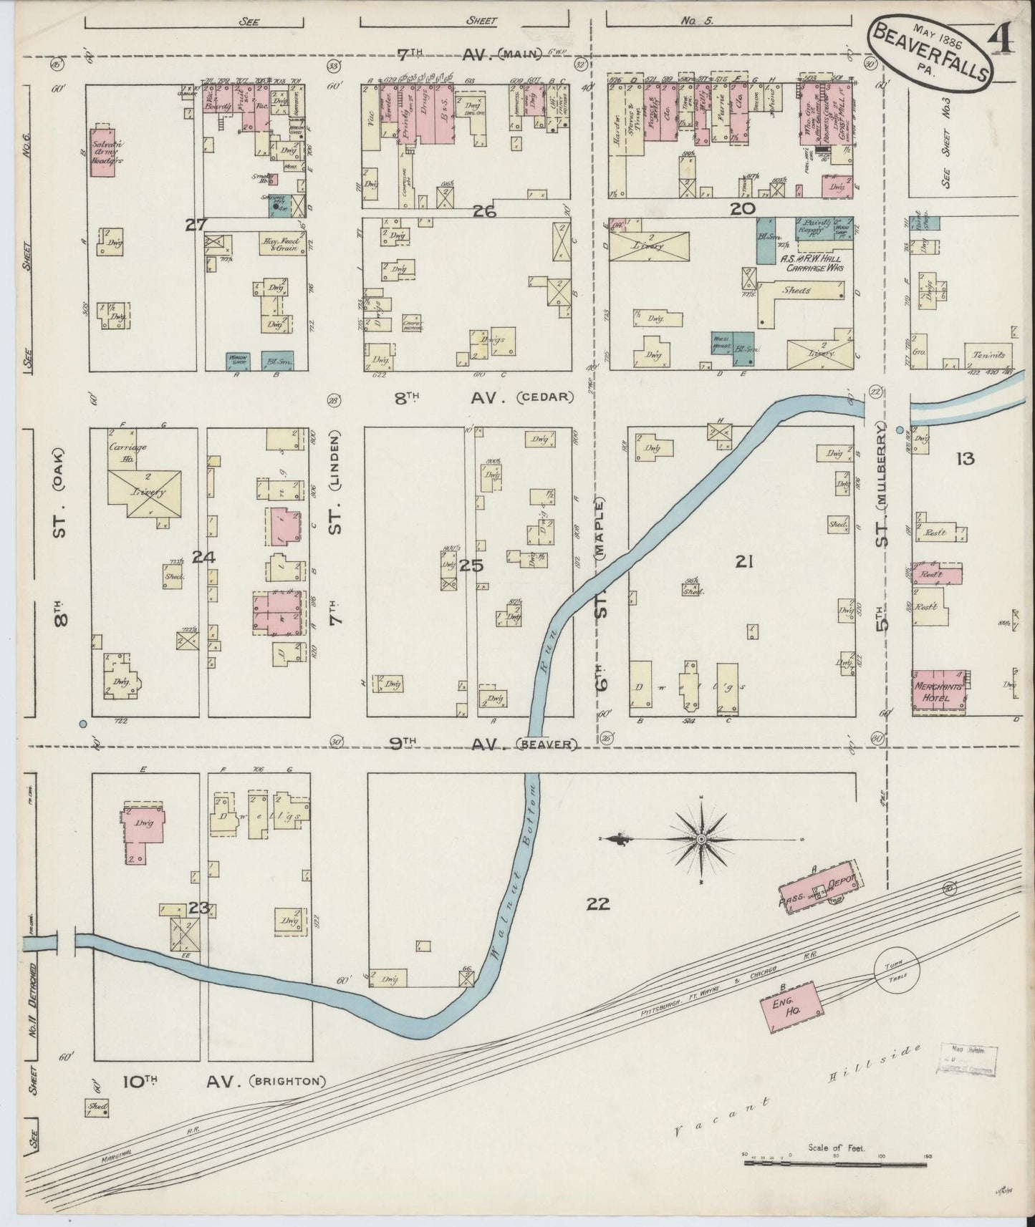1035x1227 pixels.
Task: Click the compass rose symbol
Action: [x=701, y=839]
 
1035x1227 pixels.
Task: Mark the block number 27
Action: [x=195, y=225]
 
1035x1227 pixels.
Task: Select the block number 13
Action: [x=965, y=458]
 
